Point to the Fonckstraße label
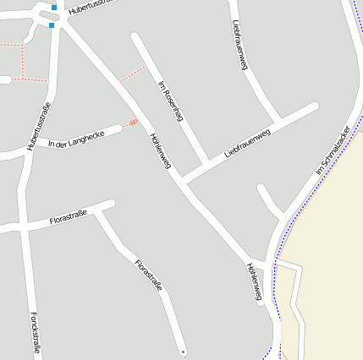pyautogui.click(x=35, y=332)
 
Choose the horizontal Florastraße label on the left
pyautogui.click(x=69, y=218)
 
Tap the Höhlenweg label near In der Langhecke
pyautogui.click(x=159, y=152)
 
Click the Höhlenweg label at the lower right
pyautogui.click(x=255, y=281)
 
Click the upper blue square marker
pyautogui.click(x=54, y=7)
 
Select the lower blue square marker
pyautogui.click(x=52, y=25)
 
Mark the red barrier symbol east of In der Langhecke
pyautogui.click(x=133, y=123)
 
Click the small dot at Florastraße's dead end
pyautogui.click(x=183, y=351)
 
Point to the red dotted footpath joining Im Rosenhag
pyautogui.click(x=132, y=74)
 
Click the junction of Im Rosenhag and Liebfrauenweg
pyautogui.click(x=206, y=161)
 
